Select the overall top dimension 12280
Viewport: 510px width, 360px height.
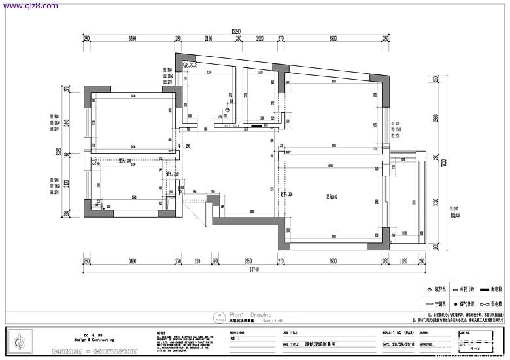pos(236,31)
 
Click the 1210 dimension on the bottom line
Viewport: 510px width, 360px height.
pos(197,261)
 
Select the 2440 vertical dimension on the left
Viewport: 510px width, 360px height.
pos(67,122)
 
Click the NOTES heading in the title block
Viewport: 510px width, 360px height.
pos(161,332)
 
